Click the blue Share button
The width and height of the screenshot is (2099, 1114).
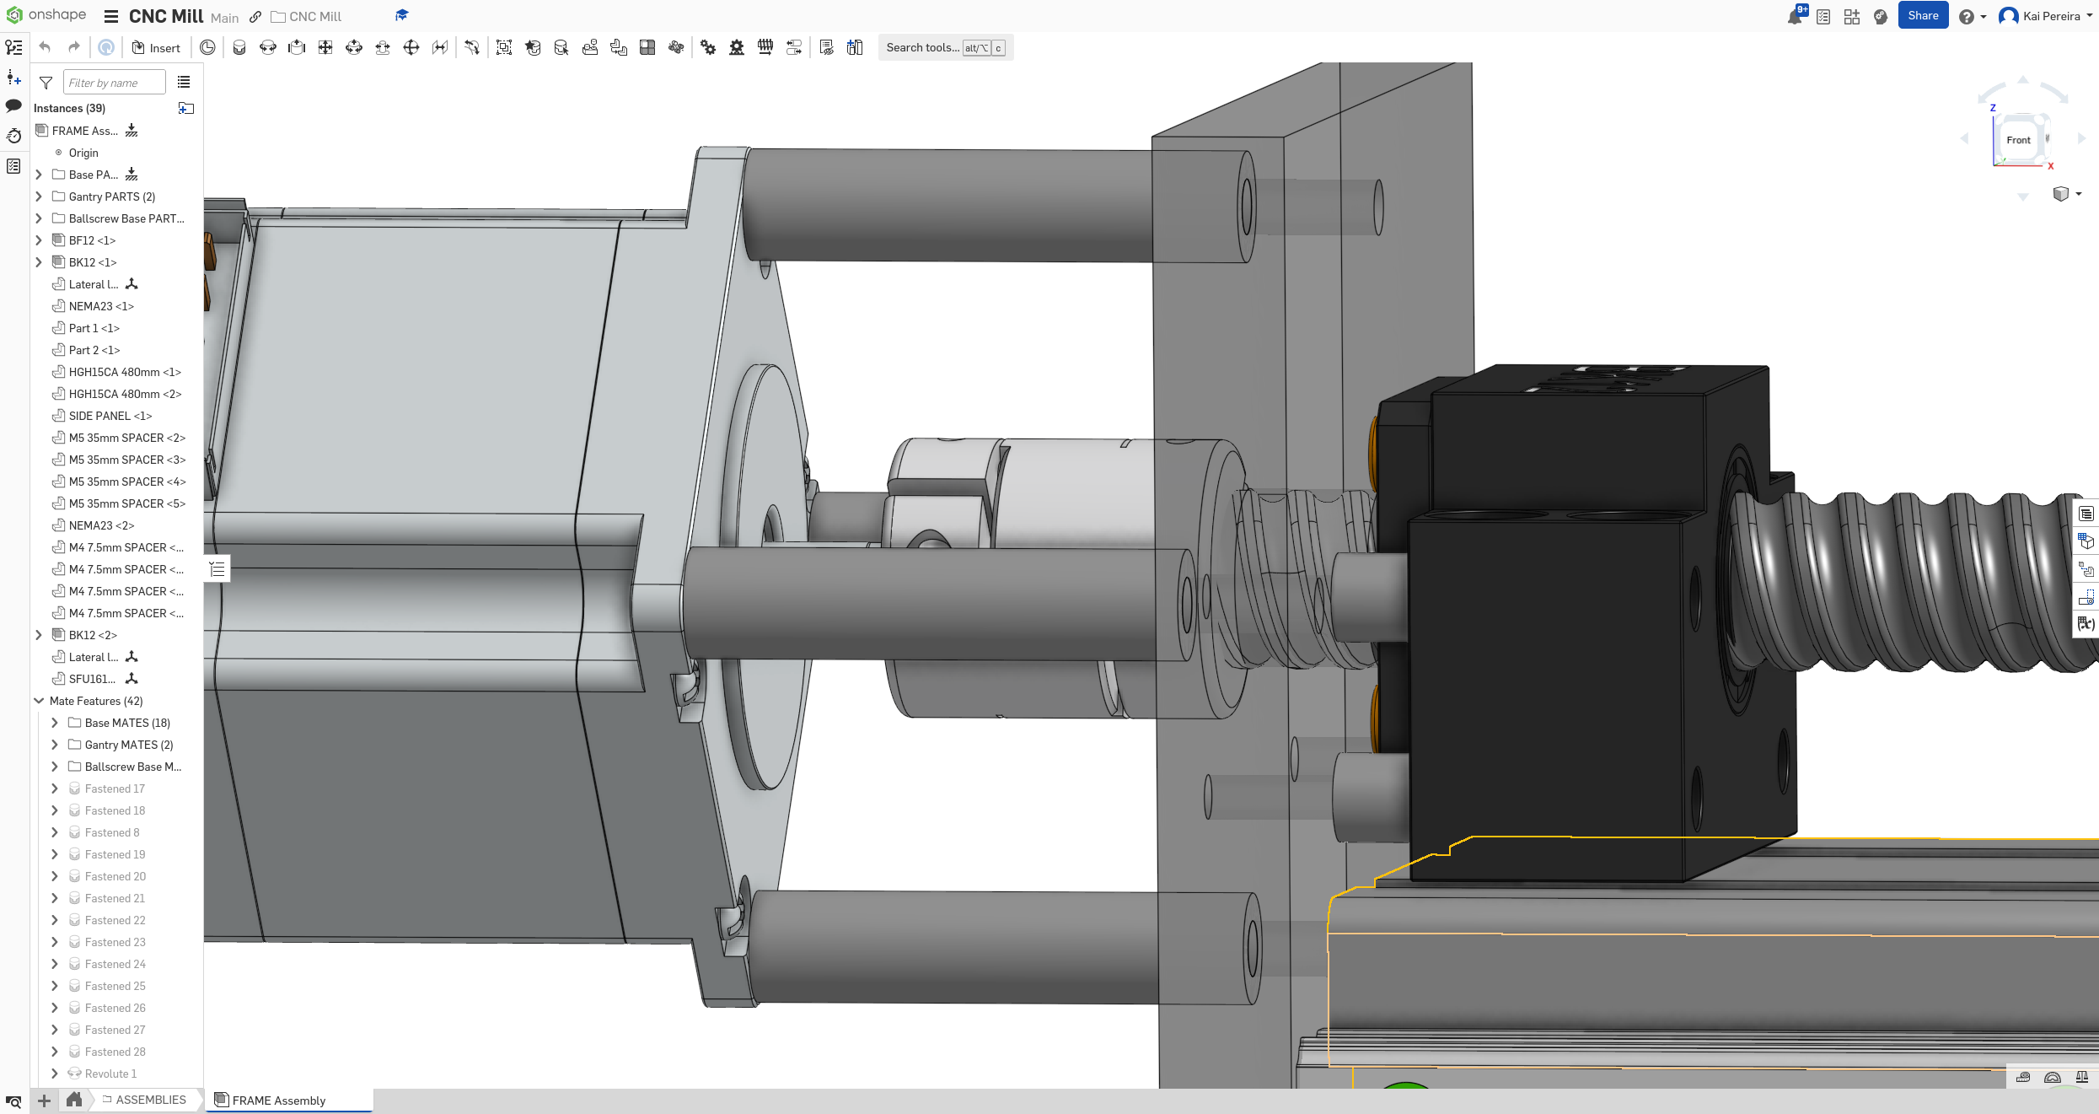point(1922,16)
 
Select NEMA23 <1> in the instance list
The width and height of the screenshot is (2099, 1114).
point(100,306)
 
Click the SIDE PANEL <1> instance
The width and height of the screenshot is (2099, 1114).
point(110,416)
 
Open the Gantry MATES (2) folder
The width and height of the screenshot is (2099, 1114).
point(128,745)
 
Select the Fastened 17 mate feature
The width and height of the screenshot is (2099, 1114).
point(115,788)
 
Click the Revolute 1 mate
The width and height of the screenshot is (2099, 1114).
point(110,1074)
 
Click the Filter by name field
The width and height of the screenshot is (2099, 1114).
point(113,83)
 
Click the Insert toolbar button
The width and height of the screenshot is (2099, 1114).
point(156,48)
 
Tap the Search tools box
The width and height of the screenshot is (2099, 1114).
point(922,48)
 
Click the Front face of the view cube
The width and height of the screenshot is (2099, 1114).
point(2018,140)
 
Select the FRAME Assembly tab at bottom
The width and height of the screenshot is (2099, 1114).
point(278,1101)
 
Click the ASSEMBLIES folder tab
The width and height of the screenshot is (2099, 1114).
point(150,1100)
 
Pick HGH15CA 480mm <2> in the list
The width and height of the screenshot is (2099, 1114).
point(125,394)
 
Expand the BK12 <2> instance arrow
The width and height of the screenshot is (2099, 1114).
point(39,635)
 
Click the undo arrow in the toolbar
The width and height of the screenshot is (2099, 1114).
point(46,48)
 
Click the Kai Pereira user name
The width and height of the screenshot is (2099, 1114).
point(2051,16)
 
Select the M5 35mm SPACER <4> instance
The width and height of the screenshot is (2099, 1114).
point(126,482)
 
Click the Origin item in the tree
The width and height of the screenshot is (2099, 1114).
point(83,153)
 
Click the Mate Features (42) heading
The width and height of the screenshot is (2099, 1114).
point(96,701)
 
